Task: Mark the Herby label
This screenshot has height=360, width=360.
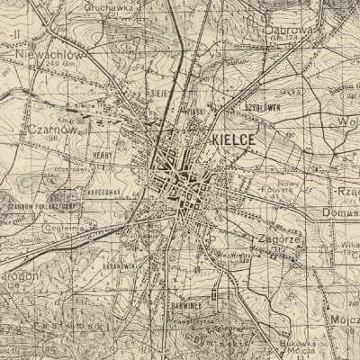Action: (x=102, y=155)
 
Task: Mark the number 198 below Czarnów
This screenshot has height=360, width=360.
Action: (x=54, y=139)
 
